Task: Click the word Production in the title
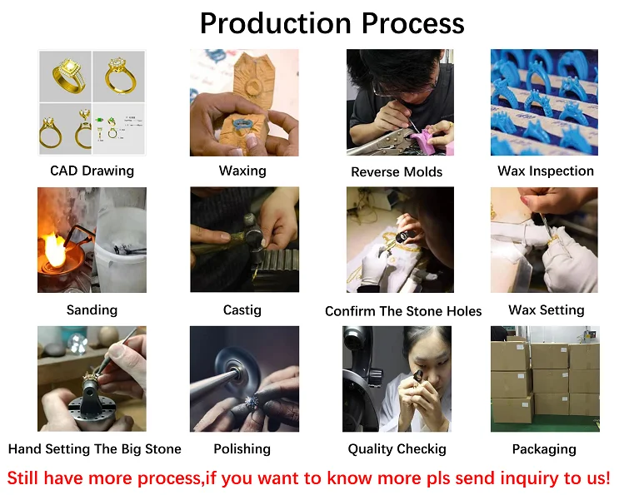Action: pyautogui.click(x=276, y=23)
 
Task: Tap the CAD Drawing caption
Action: pyautogui.click(x=92, y=171)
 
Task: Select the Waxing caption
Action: pyautogui.click(x=242, y=171)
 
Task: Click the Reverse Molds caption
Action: pyautogui.click(x=397, y=172)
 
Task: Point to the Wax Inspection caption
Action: pyautogui.click(x=546, y=171)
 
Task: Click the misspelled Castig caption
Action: pyautogui.click(x=242, y=310)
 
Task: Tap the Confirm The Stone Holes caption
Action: pyautogui.click(x=403, y=311)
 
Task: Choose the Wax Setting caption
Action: pyautogui.click(x=547, y=310)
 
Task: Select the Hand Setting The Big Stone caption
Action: pyautogui.click(x=95, y=449)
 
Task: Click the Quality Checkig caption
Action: pyautogui.click(x=397, y=449)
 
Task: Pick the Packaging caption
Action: pyautogui.click(x=544, y=449)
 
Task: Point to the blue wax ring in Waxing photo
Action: pyautogui.click(x=242, y=123)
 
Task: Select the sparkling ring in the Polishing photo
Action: pyautogui.click(x=252, y=402)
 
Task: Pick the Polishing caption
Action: pyautogui.click(x=242, y=449)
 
